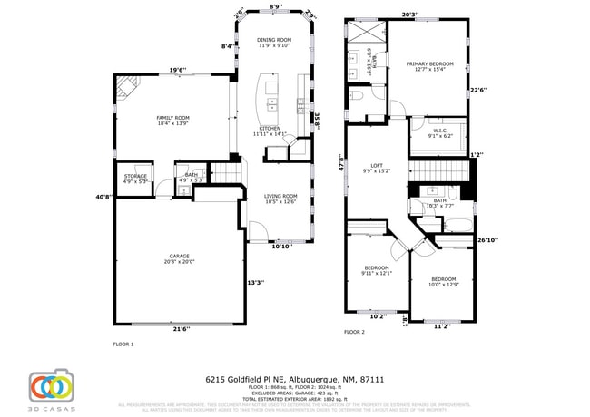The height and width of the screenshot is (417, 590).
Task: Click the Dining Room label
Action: pos(273,40)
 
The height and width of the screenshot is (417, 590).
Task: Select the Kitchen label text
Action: pos(270,129)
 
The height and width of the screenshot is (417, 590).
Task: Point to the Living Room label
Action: pos(280,197)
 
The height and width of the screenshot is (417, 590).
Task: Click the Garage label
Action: pos(180,257)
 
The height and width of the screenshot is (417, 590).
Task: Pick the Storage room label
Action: pos(135,176)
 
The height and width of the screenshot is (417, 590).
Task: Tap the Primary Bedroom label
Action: pos(429,63)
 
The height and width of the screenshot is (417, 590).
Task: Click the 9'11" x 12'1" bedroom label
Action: pos(377,268)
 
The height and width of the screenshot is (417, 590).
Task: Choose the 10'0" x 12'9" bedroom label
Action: pos(443,278)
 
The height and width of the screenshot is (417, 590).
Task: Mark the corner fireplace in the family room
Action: pos(124,87)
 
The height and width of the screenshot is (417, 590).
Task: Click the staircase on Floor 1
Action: pos(227,171)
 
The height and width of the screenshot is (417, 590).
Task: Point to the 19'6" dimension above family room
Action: pos(177,70)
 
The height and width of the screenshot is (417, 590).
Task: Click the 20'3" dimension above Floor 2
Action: pos(409,15)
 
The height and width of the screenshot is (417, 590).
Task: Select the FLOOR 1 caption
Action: pos(123,344)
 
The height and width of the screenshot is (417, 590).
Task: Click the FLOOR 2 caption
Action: pos(354,333)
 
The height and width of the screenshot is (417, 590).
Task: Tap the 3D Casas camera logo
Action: pos(51,387)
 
